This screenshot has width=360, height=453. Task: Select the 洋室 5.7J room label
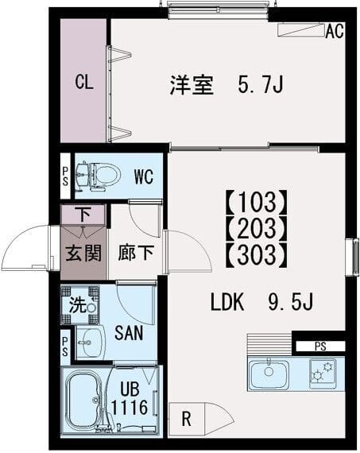[226, 84]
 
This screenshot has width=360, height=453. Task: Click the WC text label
[143, 175]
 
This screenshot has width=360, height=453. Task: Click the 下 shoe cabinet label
[83, 214]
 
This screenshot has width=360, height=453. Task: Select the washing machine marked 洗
[79, 304]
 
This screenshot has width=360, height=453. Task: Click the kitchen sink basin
[269, 373]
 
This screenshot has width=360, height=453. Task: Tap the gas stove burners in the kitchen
[322, 372]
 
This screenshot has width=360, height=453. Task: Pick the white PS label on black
[319, 347]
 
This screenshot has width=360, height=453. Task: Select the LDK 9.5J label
[262, 302]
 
